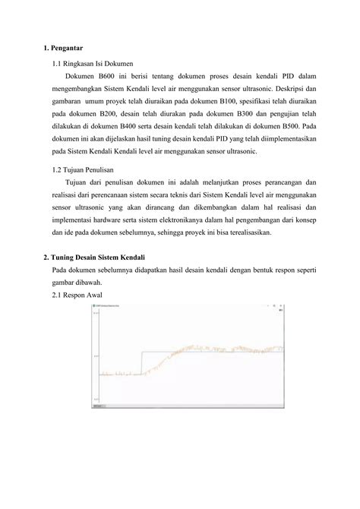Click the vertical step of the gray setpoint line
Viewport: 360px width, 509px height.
142,363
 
